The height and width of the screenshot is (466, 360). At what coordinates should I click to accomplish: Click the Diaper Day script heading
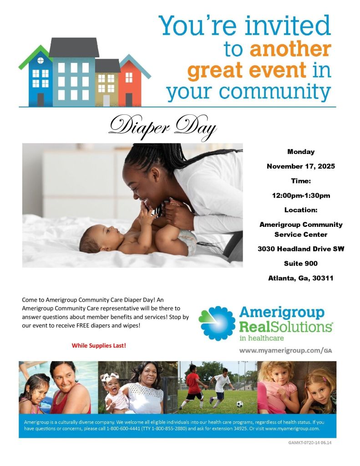click(162, 125)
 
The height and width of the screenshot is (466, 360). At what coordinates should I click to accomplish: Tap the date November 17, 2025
click(300, 166)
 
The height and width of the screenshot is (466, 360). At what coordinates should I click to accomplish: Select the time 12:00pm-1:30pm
click(300, 196)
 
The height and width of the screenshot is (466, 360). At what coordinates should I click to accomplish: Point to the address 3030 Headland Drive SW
click(300, 249)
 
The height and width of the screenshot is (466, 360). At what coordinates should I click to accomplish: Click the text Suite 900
click(300, 263)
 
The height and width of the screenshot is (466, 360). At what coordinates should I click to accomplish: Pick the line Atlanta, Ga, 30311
click(300, 278)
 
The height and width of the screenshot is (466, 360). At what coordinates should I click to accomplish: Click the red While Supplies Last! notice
click(99, 346)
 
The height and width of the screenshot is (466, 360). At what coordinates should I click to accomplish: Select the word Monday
click(300, 152)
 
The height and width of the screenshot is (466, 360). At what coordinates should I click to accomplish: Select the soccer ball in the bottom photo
click(239, 404)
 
